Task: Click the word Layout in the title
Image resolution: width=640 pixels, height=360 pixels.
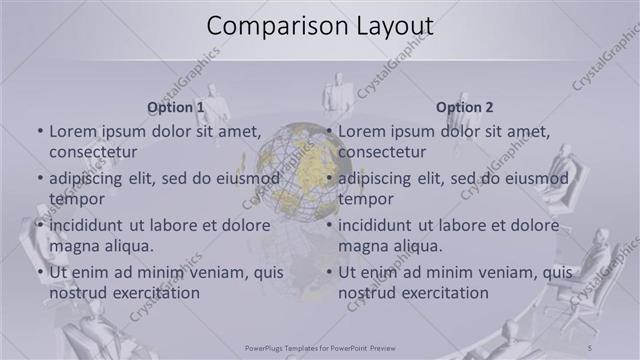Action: (385, 26)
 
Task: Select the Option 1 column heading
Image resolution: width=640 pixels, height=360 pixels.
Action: (176, 106)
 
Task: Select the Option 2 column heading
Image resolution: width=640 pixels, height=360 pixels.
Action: (465, 106)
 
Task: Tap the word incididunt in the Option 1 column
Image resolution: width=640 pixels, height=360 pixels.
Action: (88, 225)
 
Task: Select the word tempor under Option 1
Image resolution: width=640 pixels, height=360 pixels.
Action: (75, 199)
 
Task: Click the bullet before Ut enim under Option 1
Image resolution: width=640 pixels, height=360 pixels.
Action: (40, 272)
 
